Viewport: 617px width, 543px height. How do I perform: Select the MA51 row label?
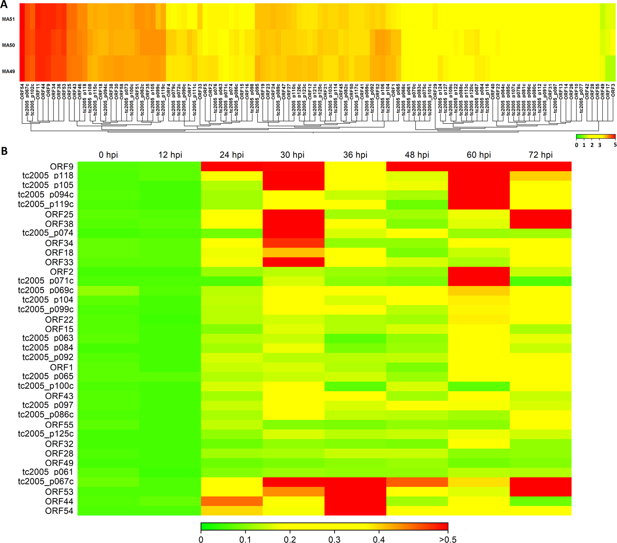[x=8, y=19]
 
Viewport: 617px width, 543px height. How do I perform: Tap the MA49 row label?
[x=8, y=71]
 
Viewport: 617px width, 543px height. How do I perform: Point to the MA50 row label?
[x=8, y=45]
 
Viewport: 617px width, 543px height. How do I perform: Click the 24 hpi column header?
[x=231, y=155]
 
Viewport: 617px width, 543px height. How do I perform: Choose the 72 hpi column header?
[x=540, y=155]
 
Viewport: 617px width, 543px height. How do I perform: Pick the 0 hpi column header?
[x=108, y=155]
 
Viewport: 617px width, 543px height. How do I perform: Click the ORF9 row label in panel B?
[x=62, y=167]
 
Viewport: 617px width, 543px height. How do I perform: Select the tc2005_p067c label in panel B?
[x=46, y=482]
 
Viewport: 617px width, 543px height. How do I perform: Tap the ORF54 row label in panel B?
[x=59, y=511]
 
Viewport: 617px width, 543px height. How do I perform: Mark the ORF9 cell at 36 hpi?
[x=355, y=166]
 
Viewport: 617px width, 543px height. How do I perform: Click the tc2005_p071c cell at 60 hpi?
[x=479, y=281]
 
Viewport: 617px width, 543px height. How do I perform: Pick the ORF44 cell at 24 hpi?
[x=231, y=501]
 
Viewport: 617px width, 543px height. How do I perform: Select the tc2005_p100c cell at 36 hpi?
[x=355, y=386]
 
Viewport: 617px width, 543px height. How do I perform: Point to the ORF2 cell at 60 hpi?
[x=479, y=271]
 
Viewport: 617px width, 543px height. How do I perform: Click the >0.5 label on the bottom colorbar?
[x=448, y=539]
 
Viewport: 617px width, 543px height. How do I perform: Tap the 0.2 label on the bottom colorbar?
[x=290, y=539]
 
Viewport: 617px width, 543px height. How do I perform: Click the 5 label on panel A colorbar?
[x=615, y=145]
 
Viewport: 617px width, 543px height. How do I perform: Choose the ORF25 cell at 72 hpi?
[x=540, y=214]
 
